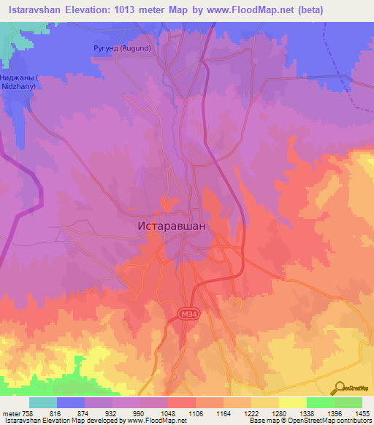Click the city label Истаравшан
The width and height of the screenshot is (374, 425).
172,226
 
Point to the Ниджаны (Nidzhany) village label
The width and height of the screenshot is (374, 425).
23,81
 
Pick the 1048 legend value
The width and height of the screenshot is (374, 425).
168,413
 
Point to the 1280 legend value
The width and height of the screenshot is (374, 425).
279,413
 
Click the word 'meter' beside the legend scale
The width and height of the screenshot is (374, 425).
10,413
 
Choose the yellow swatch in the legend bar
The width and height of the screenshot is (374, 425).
293,402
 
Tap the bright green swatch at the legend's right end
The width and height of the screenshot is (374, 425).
348,402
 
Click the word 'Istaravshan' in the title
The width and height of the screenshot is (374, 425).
36,9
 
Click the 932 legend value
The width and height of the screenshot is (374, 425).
112,413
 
